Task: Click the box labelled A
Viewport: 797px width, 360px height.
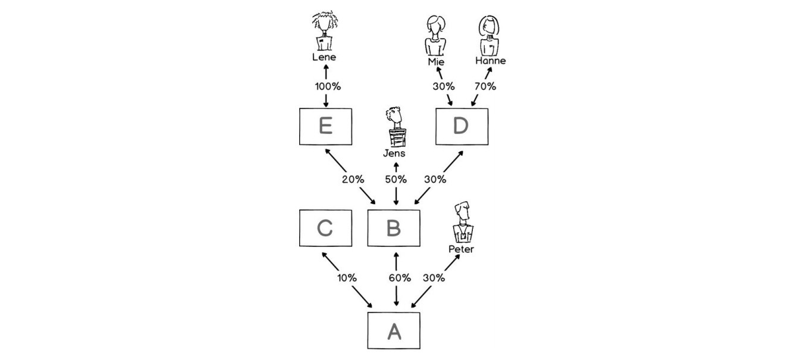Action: [393, 330]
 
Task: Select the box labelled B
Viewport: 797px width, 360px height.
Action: [393, 228]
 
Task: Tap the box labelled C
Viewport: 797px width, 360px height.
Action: [325, 228]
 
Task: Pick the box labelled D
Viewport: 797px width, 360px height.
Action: [461, 127]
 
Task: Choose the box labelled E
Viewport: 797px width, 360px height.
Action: [325, 127]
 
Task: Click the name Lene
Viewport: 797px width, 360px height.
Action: [324, 58]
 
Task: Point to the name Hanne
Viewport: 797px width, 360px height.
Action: [491, 61]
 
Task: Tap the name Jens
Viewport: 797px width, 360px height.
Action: [394, 154]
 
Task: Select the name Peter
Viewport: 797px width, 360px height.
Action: [461, 249]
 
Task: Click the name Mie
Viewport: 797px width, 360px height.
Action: [435, 61]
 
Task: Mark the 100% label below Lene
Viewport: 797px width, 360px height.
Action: [328, 86]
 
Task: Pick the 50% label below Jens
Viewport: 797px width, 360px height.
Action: [396, 179]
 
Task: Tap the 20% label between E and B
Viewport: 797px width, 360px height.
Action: [353, 179]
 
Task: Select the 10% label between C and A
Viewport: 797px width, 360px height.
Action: [347, 278]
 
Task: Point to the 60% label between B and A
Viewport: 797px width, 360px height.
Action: [400, 278]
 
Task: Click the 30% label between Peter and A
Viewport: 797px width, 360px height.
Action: [434, 278]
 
